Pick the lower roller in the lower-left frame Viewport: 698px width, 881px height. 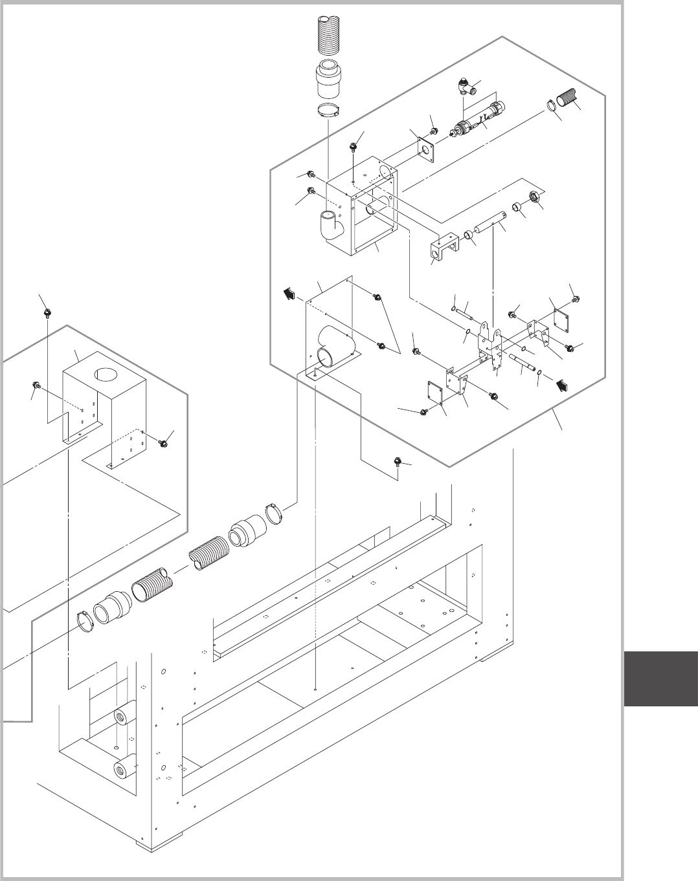[x=123, y=770]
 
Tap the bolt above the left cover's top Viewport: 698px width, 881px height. [x=47, y=313]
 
